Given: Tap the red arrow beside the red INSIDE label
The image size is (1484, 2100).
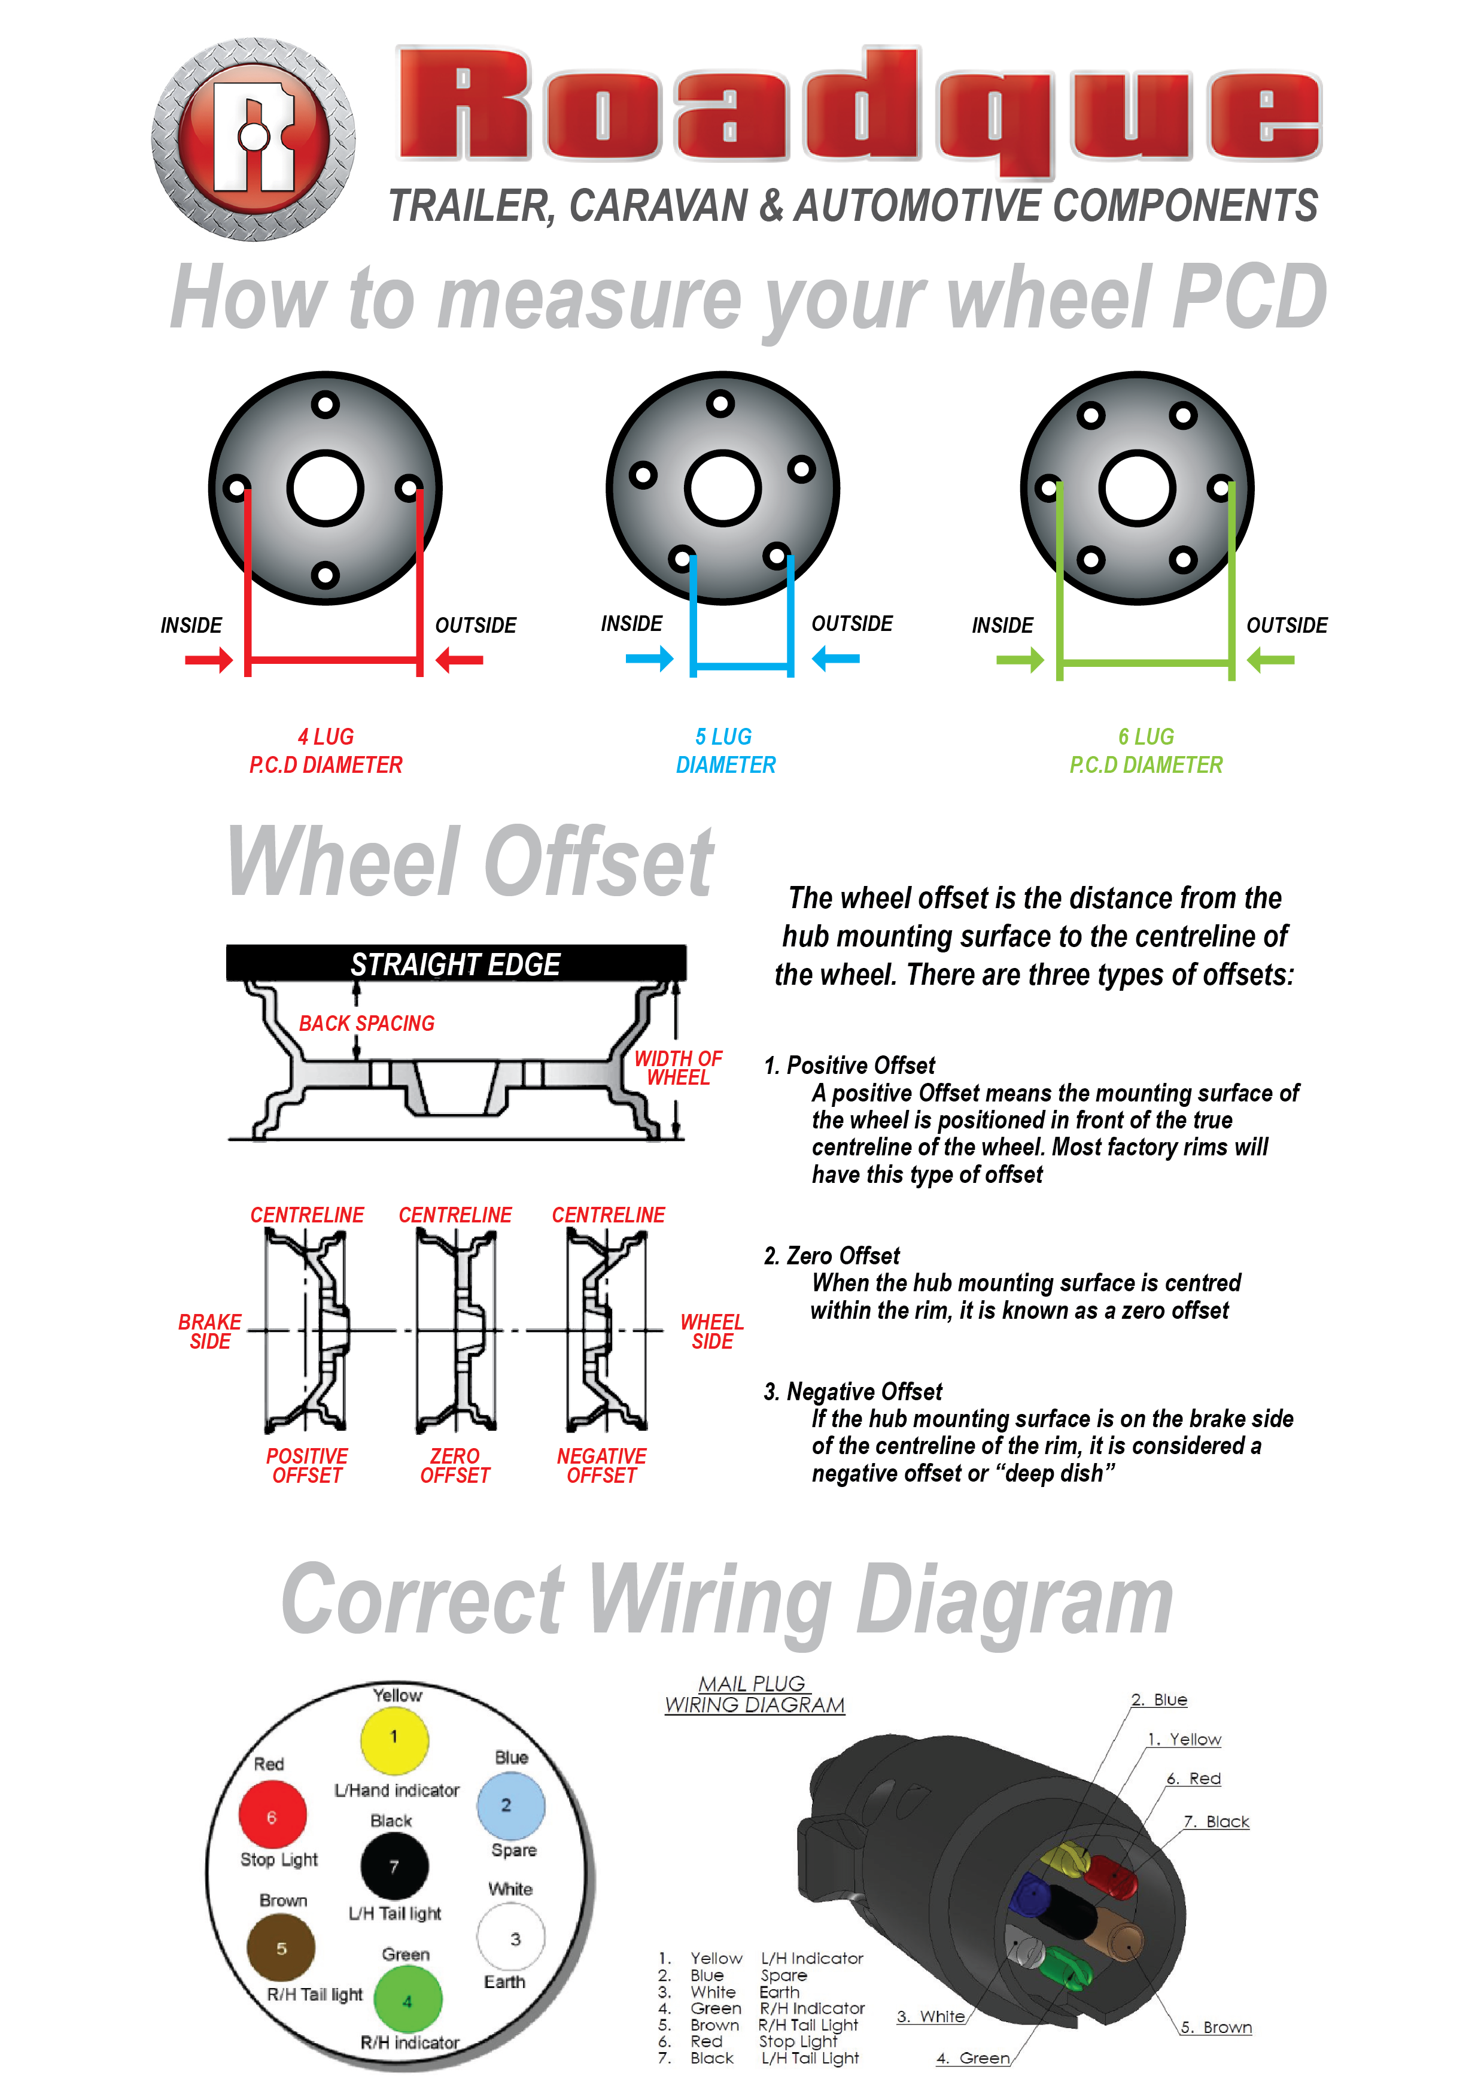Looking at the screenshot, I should [208, 660].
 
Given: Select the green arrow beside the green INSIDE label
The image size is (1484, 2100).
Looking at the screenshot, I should [1020, 660].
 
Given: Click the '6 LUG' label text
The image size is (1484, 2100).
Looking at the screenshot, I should [1146, 736].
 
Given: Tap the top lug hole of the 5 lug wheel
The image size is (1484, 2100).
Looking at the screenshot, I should [720, 403].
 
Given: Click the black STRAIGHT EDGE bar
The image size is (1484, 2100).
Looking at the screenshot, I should [455, 964].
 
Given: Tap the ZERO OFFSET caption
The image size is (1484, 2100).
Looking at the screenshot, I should [454, 1465].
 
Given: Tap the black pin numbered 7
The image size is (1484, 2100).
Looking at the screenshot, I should [394, 1867].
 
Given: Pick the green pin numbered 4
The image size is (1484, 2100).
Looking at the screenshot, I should [408, 2000].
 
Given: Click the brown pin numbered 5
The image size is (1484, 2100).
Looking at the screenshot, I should [281, 1947].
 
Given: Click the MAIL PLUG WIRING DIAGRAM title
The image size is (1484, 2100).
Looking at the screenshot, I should [755, 1695].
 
